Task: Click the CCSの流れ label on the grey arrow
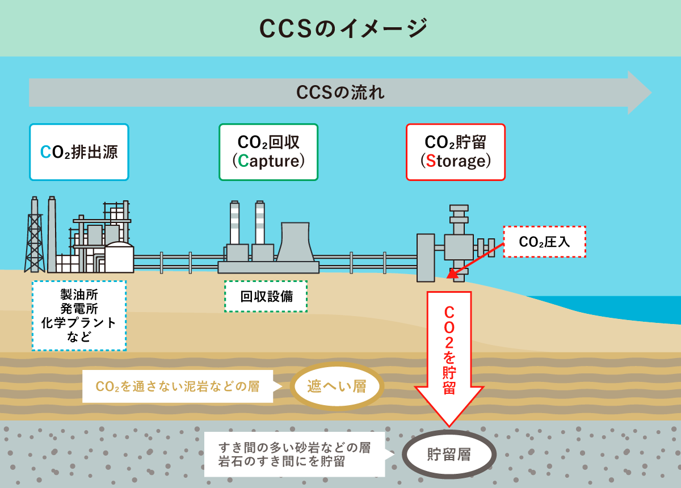point(340,92)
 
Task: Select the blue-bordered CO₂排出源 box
point(79,152)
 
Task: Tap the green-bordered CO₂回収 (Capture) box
point(268,152)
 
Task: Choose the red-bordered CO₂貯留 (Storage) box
point(456,152)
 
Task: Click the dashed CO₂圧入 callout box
point(544,242)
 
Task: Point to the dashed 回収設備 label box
point(266,296)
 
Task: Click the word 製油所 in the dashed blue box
point(79,295)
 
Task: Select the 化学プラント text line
point(79,323)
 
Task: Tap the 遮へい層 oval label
point(337,387)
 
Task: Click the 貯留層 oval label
point(449,455)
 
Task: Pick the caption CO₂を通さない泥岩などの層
point(178,387)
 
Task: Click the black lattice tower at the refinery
point(35,238)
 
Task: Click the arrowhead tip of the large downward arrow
point(448,424)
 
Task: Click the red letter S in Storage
point(431,161)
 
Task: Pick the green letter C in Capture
point(243,161)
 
